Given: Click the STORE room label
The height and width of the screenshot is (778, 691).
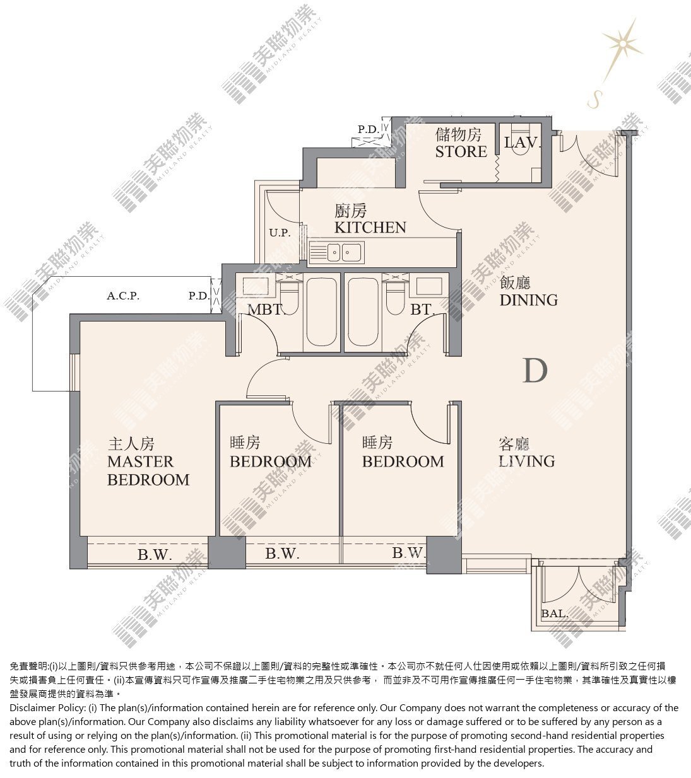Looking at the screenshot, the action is coord(461,151).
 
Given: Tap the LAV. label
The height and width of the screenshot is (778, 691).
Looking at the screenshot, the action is coord(523,143).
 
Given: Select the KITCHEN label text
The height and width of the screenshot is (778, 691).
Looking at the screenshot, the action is coord(370,228).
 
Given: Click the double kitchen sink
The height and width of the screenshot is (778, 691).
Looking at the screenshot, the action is coord(337,252).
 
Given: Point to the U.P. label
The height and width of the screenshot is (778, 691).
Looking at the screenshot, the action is coord(280,232).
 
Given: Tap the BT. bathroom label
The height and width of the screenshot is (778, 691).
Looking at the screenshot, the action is coord(423,310).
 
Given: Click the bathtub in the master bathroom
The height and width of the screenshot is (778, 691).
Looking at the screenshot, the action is coord(321,312).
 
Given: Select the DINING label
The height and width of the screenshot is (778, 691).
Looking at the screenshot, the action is coord(528,300).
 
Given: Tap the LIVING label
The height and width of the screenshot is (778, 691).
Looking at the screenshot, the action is coord(526,462).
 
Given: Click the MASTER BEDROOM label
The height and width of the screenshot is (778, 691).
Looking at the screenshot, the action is coord(148,471).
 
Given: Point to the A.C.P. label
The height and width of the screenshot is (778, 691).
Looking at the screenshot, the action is coord(123,296).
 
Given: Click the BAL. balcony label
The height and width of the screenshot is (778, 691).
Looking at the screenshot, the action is coord(554,613).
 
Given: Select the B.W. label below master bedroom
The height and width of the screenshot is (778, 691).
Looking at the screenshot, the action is coord(155,555).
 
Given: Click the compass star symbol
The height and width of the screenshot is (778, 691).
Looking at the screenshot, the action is coord(622,43).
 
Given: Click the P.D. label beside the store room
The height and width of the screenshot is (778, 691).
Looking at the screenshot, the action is coord(369,129).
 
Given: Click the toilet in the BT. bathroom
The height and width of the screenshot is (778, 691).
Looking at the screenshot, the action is coord(394,299).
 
